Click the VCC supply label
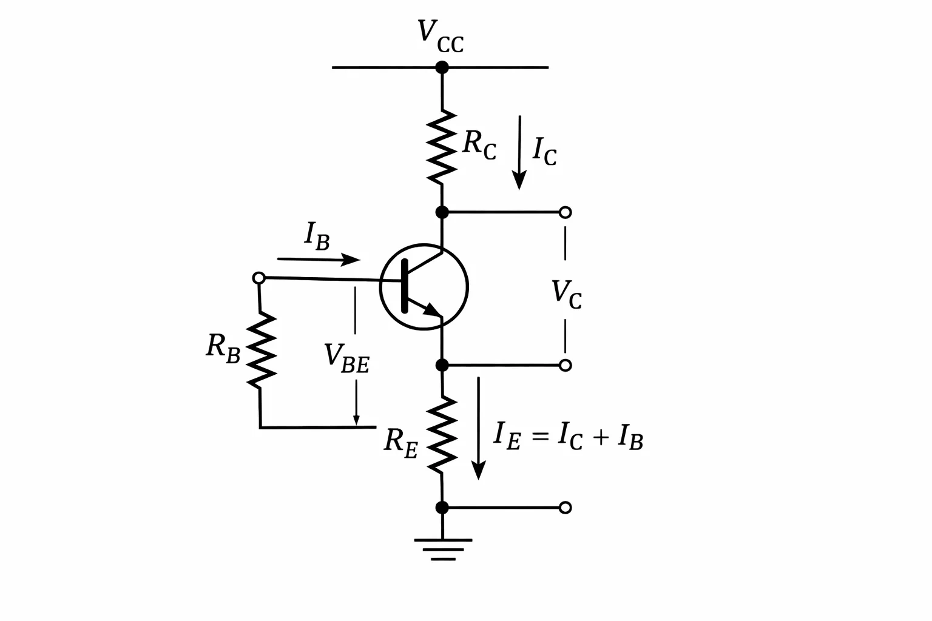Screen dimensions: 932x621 tap(441, 36)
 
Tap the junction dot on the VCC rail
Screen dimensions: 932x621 tap(442, 67)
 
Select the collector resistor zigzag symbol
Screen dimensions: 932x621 tap(442, 147)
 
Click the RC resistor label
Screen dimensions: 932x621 tap(479, 144)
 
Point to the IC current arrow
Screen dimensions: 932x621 tap(519, 152)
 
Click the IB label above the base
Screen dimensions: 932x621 tap(317, 236)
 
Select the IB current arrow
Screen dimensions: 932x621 tap(319, 260)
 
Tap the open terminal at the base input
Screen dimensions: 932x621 tap(259, 278)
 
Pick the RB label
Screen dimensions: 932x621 tap(223, 349)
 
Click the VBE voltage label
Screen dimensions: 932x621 tap(346, 358)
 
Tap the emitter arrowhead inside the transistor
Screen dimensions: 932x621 tap(432, 309)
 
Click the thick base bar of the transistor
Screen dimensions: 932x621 tap(405, 286)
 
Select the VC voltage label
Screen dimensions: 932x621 tap(566, 294)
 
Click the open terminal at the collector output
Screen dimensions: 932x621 tap(565, 212)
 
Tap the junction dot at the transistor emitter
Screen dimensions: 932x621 tap(442, 365)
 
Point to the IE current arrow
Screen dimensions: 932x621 tap(479, 428)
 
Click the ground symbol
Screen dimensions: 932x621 tap(443, 550)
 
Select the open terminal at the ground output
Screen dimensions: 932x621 tap(565, 508)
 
